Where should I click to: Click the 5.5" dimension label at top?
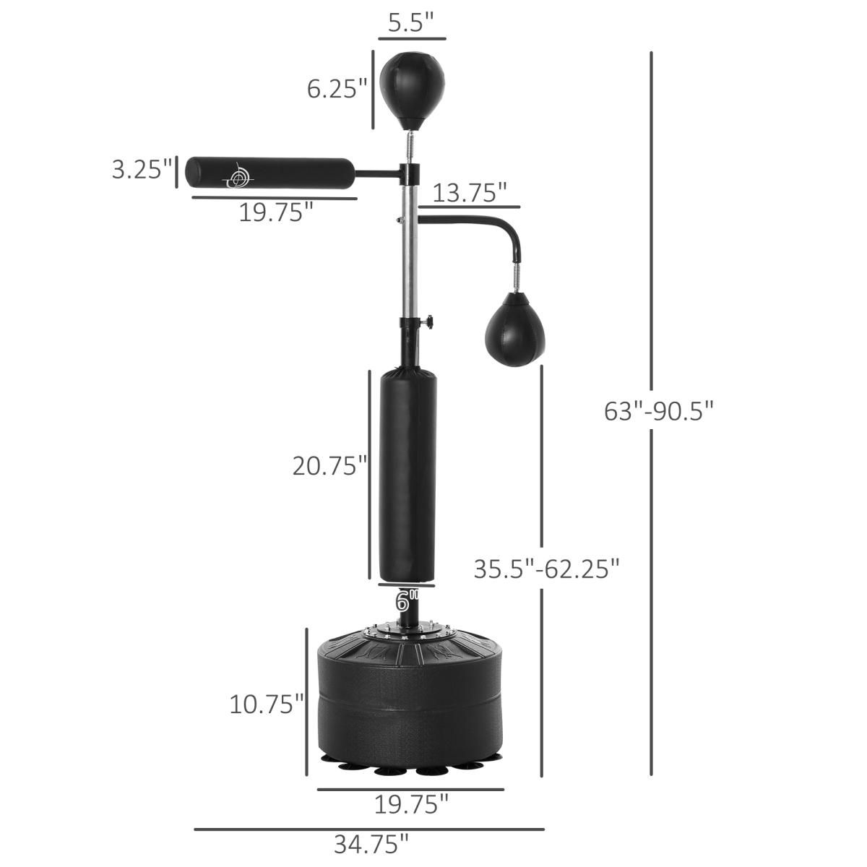(x=411, y=24)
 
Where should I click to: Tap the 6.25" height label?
(x=337, y=90)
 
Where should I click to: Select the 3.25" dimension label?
(x=142, y=170)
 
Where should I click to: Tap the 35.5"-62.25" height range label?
(x=547, y=569)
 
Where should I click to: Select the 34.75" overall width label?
(x=371, y=843)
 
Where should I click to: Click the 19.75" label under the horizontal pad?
(x=277, y=213)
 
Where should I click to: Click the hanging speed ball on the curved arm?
(x=511, y=329)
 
